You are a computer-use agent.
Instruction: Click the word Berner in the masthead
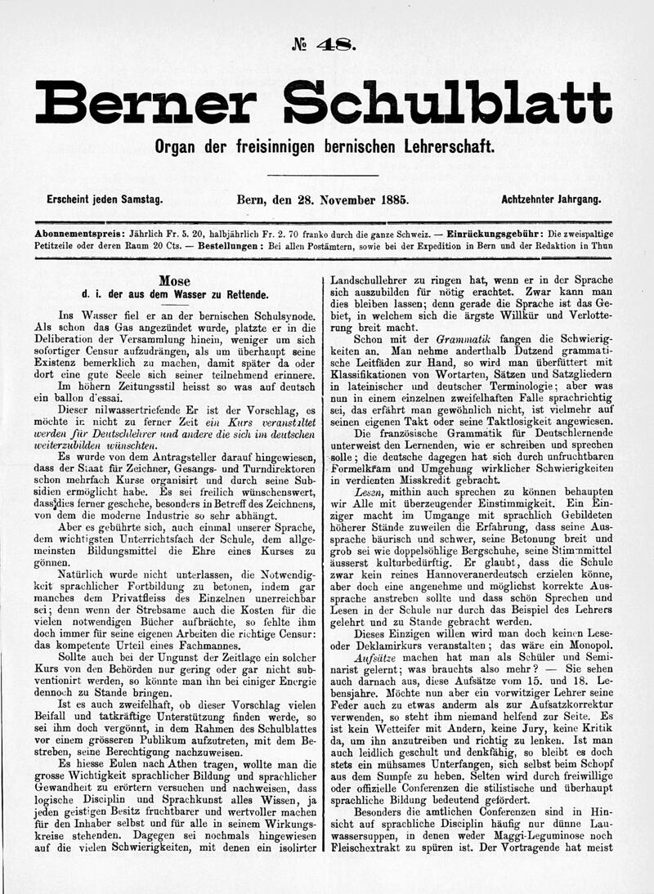146,103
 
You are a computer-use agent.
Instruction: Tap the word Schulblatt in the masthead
447,103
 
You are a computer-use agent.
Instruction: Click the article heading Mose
174,280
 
